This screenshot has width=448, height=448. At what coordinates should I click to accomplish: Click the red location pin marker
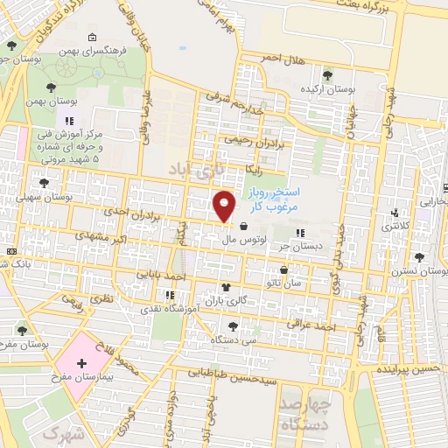click(x=225, y=206)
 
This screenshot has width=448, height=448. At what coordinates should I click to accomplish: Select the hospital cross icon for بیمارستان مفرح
click(x=81, y=362)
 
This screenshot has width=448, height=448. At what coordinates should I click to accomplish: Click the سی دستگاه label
click(x=238, y=338)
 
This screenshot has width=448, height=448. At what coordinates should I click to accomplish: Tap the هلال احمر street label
click(x=285, y=59)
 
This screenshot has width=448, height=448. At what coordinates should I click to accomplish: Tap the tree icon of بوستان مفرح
click(x=23, y=331)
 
